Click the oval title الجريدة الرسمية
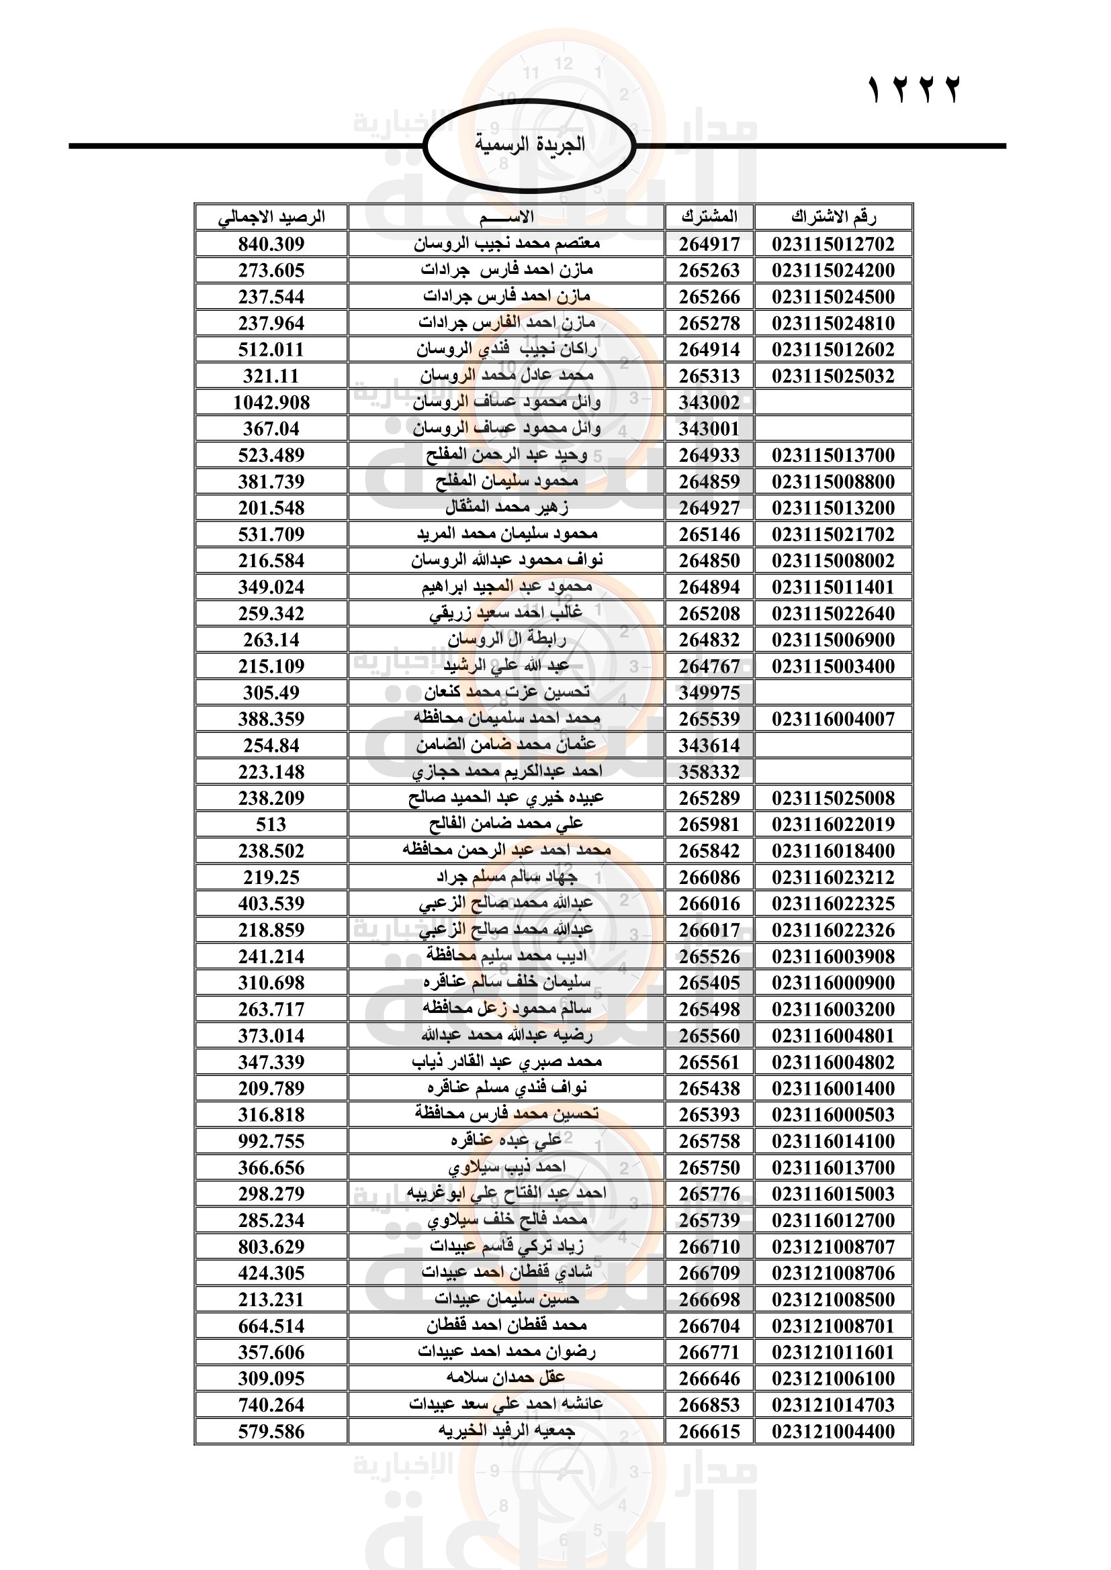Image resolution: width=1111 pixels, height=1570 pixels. tap(530, 145)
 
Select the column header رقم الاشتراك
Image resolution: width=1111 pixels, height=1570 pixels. tap(833, 217)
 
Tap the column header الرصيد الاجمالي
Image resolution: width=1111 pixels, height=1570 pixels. tap(271, 217)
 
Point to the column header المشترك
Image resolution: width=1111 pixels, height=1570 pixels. tap(709, 217)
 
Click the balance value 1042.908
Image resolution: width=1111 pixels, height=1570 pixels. tap(271, 403)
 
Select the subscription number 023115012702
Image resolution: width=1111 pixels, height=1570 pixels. tap(833, 244)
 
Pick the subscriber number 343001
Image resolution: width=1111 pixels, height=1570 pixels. tap(709, 430)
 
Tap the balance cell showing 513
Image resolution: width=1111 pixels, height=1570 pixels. tap(271, 825)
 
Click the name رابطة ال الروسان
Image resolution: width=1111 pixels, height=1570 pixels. tap(506, 640)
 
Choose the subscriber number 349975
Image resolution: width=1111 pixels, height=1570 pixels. tap(709, 693)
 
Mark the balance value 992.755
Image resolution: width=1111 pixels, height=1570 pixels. tap(271, 1141)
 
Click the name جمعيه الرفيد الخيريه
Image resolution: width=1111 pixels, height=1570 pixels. tap(506, 1431)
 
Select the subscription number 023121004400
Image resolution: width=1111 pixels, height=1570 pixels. tap(833, 1431)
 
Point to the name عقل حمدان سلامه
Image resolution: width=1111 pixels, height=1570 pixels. tap(506, 1379)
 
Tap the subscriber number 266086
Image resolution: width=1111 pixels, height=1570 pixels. tap(709, 877)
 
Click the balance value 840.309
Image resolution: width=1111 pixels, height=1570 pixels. tap(271, 244)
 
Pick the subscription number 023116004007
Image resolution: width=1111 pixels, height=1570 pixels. tap(833, 720)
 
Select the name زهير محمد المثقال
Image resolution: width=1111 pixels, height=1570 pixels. tap(506, 508)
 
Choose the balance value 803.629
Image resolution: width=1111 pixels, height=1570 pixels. tap(271, 1246)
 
